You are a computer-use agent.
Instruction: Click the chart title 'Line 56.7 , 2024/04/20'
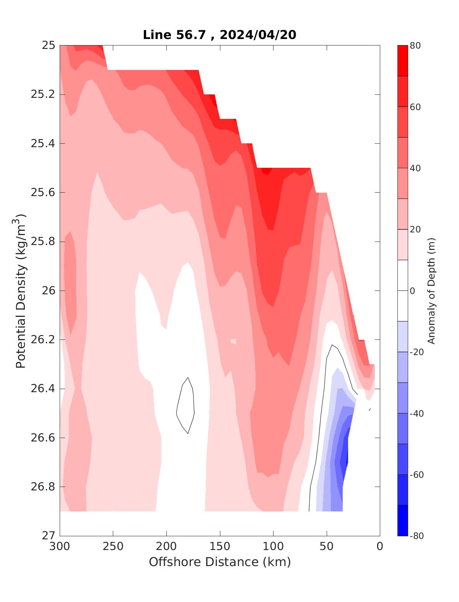click(x=220, y=35)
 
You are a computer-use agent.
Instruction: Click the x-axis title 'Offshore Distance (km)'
click(x=220, y=562)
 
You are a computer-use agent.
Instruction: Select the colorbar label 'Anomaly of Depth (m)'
click(x=431, y=291)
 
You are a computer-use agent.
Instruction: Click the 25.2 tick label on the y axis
click(x=43, y=94)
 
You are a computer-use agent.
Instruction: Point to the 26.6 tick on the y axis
click(x=43, y=438)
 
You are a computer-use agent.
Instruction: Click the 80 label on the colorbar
click(x=415, y=46)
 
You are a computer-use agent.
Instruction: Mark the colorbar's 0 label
click(x=412, y=291)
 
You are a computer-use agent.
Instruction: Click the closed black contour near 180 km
click(x=186, y=405)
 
